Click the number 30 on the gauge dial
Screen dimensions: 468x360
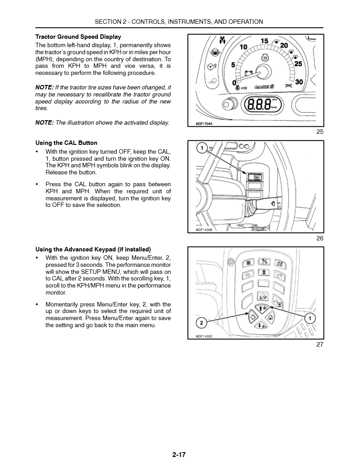299,82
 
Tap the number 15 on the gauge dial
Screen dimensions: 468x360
264,41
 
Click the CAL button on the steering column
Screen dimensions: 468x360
255,177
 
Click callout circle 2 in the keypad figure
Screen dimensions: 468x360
201,323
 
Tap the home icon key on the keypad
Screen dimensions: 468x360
271,317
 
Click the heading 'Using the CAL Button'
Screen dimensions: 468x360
66,143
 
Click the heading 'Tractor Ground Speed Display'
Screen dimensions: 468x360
78,37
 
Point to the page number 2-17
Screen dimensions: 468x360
179,455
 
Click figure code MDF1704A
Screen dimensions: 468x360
204,124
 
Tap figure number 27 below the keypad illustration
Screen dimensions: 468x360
320,344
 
